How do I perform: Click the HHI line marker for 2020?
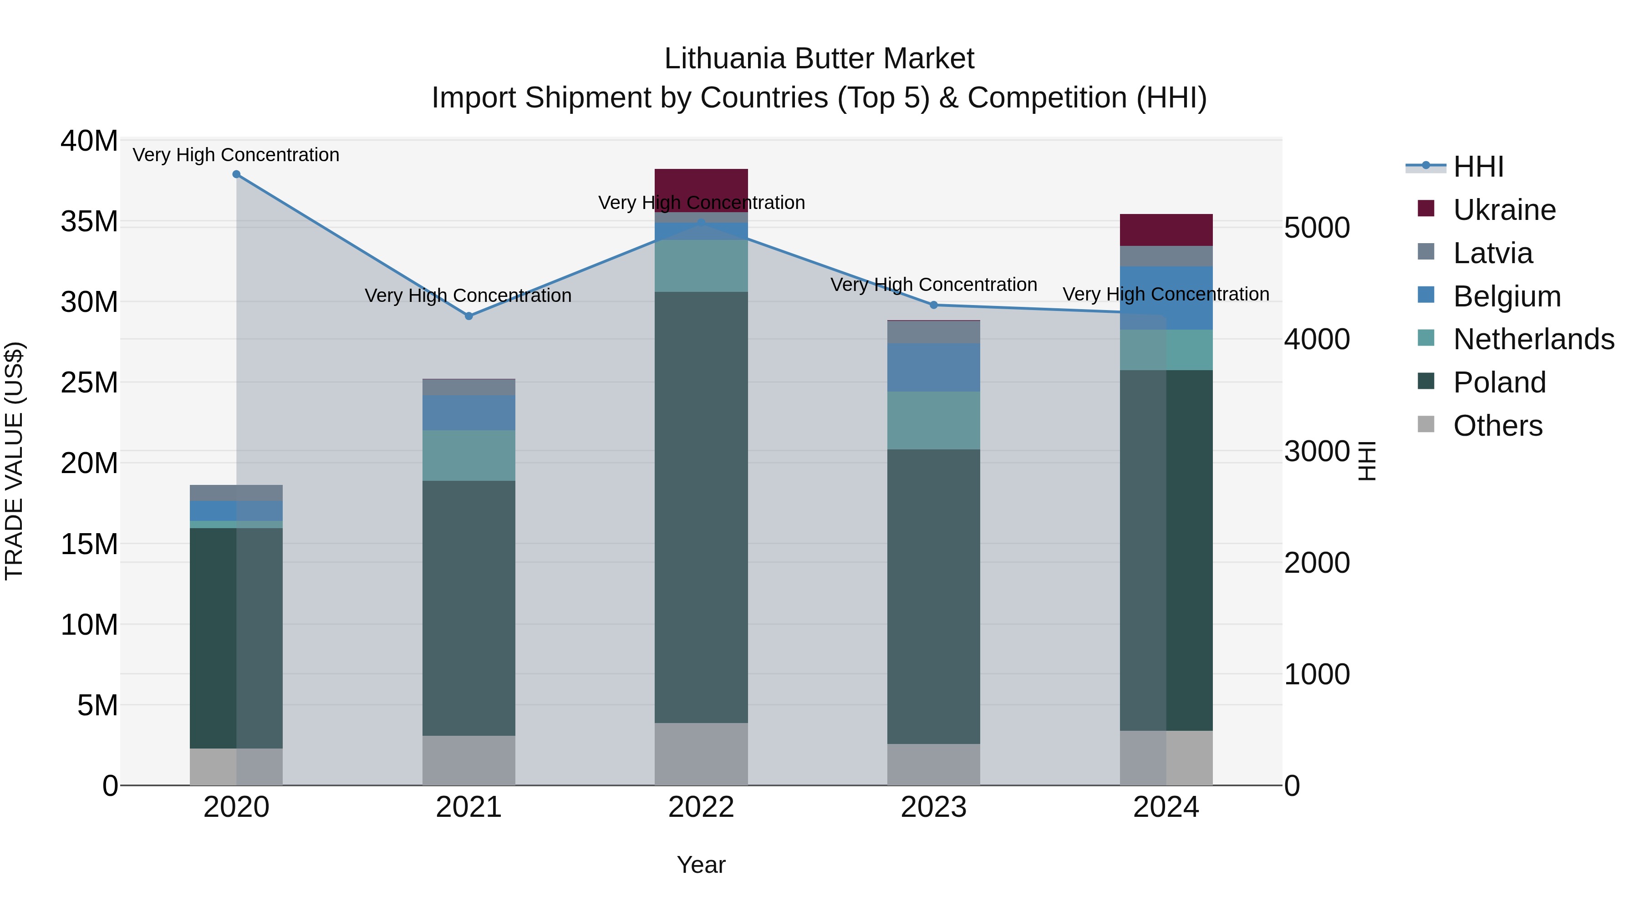[236, 174]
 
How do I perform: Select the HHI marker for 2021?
[469, 316]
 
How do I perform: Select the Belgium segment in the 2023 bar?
[933, 368]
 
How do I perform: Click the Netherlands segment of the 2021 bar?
[469, 456]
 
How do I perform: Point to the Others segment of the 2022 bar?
[701, 754]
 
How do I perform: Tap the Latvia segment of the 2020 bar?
[236, 493]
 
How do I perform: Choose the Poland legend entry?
[1499, 382]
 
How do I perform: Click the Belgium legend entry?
[1507, 296]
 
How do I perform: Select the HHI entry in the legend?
[1478, 167]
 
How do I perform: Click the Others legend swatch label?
[1498, 426]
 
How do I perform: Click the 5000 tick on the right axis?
[1316, 228]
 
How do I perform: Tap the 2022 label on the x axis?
[701, 807]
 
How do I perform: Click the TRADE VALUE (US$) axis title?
[15, 461]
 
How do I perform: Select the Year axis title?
[701, 865]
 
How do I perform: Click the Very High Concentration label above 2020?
[236, 155]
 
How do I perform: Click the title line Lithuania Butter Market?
[819, 59]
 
